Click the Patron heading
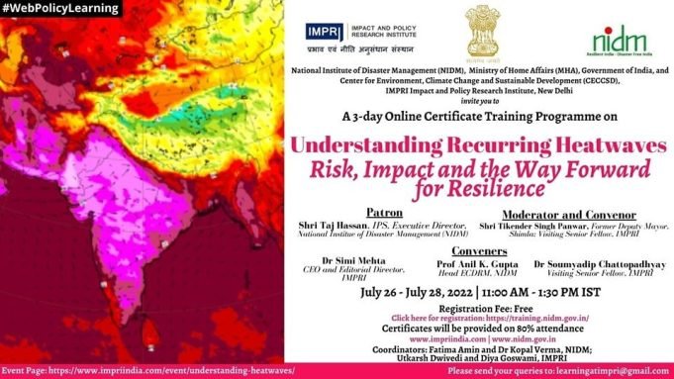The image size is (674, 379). pyautogui.click(x=385, y=213)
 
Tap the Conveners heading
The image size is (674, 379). pyautogui.click(x=476, y=251)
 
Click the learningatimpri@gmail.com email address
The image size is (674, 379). pyautogui.click(x=612, y=371)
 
